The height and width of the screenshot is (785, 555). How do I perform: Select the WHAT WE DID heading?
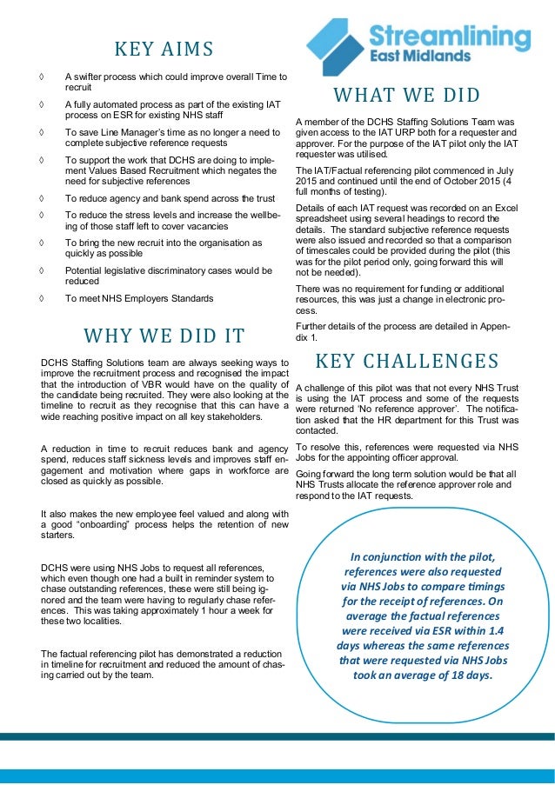click(x=406, y=95)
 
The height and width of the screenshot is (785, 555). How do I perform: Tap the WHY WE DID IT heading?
click(x=164, y=336)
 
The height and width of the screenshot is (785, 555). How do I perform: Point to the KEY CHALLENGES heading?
click(x=406, y=361)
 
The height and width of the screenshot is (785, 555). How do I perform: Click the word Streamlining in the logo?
click(x=450, y=37)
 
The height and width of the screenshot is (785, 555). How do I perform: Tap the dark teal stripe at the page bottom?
click(x=277, y=736)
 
